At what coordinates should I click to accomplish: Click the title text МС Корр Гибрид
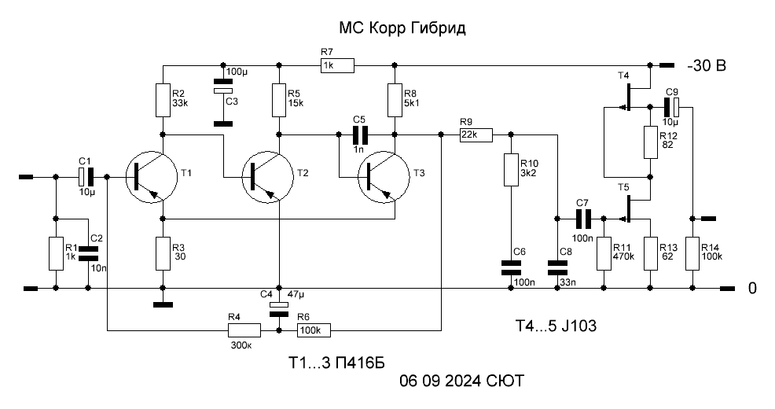[402, 28]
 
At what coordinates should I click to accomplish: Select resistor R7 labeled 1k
[337, 65]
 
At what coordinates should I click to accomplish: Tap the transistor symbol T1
[151, 176]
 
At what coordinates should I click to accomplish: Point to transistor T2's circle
[268, 176]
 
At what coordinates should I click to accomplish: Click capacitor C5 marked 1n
[360, 134]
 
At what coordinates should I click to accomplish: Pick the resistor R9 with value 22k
[476, 135]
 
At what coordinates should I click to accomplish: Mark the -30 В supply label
[707, 65]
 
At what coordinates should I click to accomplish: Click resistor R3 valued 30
[163, 253]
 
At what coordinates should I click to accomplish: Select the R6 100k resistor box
[314, 330]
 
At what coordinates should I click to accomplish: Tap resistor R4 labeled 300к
[244, 330]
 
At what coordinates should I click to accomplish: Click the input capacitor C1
[86, 176]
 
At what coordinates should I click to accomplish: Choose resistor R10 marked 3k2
[511, 170]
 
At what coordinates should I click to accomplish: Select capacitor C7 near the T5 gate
[582, 218]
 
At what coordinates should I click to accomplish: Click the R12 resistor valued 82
[651, 142]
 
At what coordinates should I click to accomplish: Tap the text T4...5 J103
[556, 326]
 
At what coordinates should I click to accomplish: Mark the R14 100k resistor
[692, 253]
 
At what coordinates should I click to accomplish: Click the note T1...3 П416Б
[336, 363]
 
